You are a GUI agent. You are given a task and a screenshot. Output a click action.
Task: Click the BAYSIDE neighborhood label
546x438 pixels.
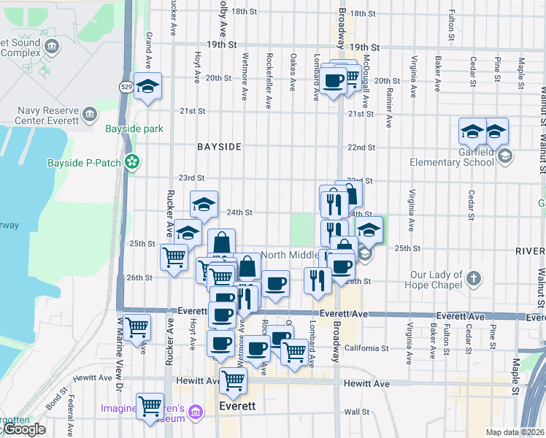[219, 147]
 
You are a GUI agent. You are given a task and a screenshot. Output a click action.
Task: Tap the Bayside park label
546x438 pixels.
[134, 129]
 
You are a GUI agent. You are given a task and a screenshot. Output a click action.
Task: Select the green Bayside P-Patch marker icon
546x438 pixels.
[132, 162]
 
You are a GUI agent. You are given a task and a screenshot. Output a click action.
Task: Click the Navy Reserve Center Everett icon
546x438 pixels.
[90, 114]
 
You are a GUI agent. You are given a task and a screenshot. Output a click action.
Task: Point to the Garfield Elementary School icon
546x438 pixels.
[505, 155]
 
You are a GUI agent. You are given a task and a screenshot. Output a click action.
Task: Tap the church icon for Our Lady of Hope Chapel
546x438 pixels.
[474, 279]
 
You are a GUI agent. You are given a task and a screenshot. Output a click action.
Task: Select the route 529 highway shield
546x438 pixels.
[126, 86]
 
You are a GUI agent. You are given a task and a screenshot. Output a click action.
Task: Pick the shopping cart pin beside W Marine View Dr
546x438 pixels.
[136, 328]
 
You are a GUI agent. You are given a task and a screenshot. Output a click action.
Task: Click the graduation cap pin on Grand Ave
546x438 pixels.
[147, 88]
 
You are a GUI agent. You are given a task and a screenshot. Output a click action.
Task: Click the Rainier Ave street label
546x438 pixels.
[389, 99]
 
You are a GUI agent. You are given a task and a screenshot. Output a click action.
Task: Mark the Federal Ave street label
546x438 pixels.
[72, 416]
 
